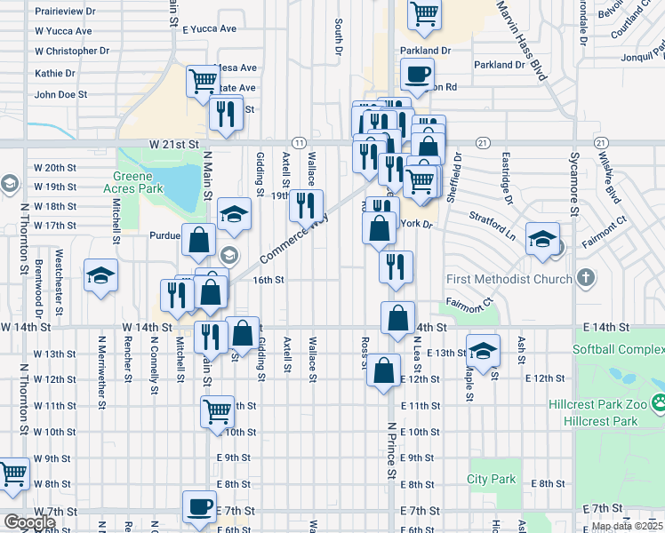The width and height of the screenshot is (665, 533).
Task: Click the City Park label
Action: [492, 480]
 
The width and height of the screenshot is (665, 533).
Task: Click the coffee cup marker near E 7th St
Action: [198, 506]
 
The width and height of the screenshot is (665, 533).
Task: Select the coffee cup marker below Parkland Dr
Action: [417, 75]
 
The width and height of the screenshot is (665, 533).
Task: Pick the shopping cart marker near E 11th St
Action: [217, 411]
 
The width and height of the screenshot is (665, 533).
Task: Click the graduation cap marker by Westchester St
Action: [100, 274]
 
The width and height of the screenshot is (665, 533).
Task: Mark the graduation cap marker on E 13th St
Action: [483, 350]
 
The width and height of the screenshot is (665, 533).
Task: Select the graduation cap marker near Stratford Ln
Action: [541, 238]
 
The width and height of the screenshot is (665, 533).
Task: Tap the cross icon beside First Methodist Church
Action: [585, 279]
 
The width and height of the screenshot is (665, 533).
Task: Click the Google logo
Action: [29, 522]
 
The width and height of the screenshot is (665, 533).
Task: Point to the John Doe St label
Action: [60, 94]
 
